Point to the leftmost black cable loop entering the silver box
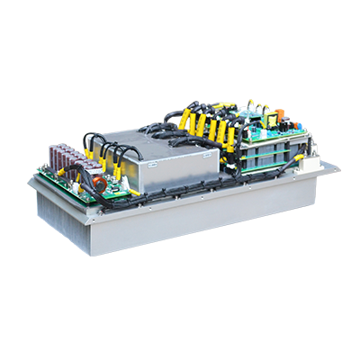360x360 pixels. point(91,144)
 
